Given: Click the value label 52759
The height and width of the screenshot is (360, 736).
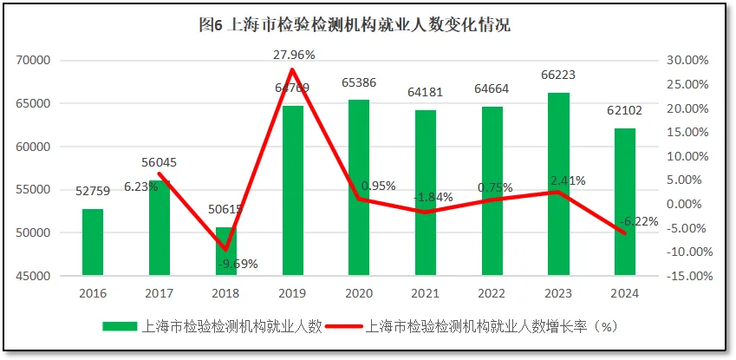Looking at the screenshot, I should [93, 193].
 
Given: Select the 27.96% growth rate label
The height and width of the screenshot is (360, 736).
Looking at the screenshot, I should [294, 55].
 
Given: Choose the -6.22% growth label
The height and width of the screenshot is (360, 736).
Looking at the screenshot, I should [636, 221].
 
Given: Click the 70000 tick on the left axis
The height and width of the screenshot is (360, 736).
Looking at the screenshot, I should [33, 61].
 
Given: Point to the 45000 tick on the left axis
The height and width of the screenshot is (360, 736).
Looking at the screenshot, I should [33, 277].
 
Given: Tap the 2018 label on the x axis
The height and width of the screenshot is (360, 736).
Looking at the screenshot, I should [225, 294].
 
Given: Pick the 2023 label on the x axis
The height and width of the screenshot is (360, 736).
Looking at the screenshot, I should [558, 294].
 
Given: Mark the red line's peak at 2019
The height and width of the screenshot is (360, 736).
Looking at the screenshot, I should [292, 69].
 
